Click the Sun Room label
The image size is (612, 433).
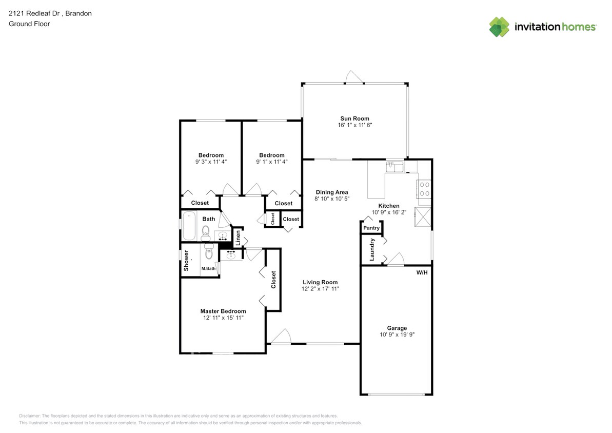(353, 119)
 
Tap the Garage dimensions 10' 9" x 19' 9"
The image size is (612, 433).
(397, 335)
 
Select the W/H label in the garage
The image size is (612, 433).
(422, 272)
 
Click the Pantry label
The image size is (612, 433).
(371, 228)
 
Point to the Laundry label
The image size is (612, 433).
(372, 249)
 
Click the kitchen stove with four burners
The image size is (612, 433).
(424, 189)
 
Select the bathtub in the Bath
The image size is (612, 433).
(189, 226)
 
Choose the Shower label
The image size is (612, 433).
(187, 260)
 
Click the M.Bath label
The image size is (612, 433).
(208, 268)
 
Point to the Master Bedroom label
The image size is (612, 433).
(223, 311)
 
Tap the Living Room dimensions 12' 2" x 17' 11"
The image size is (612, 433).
(320, 289)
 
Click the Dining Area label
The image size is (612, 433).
(331, 192)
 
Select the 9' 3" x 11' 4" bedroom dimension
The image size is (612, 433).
(211, 162)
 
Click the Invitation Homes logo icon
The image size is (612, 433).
(499, 27)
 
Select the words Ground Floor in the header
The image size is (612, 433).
(29, 24)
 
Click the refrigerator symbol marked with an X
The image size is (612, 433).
(423, 216)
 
